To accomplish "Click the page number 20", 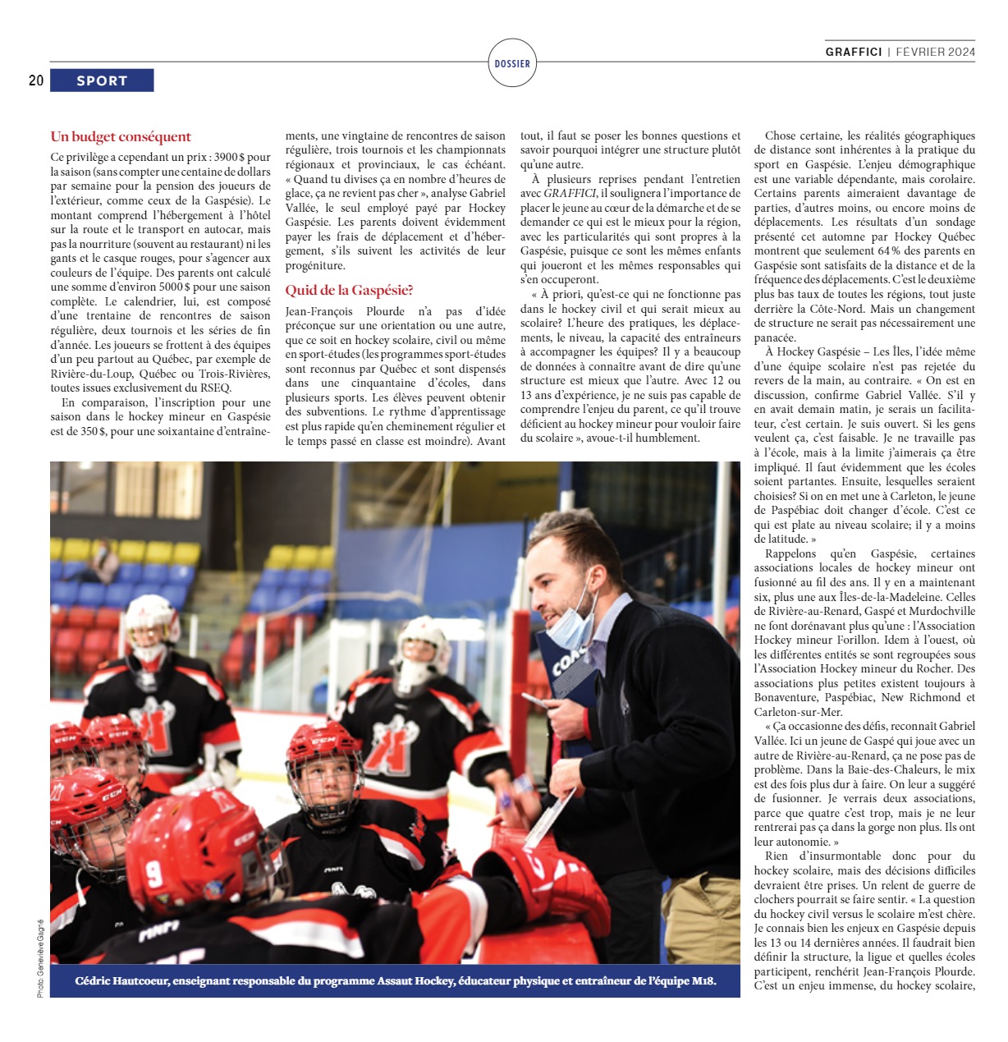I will point(36,80).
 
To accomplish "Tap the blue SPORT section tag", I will point(102,80).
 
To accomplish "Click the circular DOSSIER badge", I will point(512,63).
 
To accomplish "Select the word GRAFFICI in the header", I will point(854,52).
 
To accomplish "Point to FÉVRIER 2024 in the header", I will point(935,52).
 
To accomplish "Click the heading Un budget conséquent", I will point(121,137).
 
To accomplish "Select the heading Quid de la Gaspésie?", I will point(349,290).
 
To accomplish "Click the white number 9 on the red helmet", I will point(155,872).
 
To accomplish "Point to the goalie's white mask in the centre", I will point(423,651).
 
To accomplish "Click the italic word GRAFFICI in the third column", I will point(569,194).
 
